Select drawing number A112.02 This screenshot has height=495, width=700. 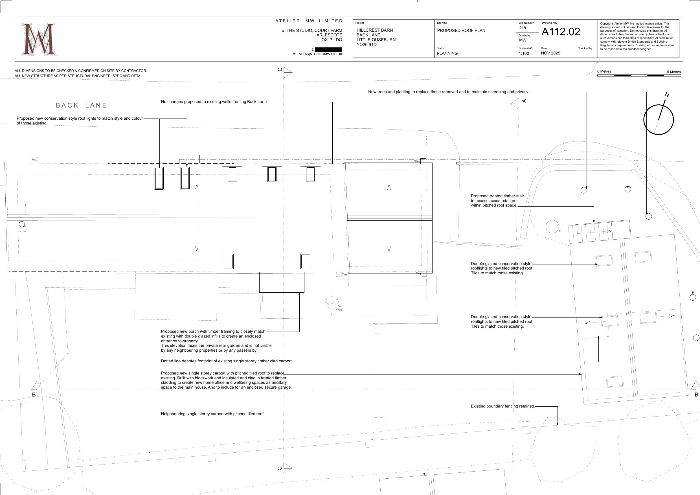[x=561, y=32]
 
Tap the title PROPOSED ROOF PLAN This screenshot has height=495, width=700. [x=461, y=30]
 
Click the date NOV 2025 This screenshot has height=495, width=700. [x=551, y=53]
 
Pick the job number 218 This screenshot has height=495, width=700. [x=523, y=28]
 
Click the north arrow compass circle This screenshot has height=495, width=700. [x=658, y=120]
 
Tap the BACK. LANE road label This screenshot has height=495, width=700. [x=82, y=105]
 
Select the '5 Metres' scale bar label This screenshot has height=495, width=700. [x=673, y=72]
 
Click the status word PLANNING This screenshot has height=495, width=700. [x=447, y=53]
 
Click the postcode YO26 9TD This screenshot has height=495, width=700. [x=367, y=45]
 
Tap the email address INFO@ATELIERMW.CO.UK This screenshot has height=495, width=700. [x=320, y=54]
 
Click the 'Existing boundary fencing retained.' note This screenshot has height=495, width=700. [x=503, y=406]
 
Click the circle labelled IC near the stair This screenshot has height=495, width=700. [x=552, y=227]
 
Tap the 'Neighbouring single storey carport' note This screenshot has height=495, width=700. [x=213, y=414]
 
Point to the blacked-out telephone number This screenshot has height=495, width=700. [x=328, y=49]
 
